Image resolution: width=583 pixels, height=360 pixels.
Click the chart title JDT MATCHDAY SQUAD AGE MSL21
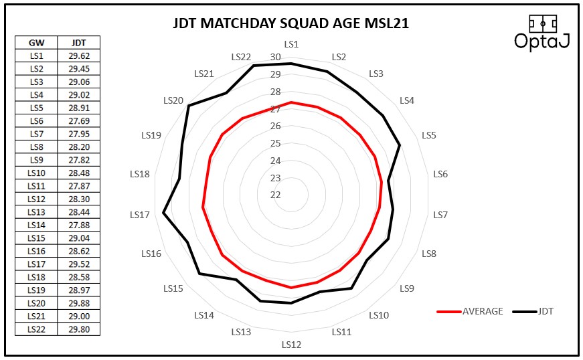(290, 24)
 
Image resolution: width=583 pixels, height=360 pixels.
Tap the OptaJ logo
(542, 32)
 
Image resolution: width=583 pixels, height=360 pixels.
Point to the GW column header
(36, 42)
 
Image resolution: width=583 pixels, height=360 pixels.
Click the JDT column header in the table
(78, 42)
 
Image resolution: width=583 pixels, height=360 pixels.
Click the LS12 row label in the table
(36, 199)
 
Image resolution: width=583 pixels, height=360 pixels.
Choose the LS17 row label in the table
(36, 264)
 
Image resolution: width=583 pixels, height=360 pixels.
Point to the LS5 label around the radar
(429, 135)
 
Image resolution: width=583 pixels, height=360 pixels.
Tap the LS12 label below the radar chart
(291, 345)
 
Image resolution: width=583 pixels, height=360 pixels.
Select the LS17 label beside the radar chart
(140, 215)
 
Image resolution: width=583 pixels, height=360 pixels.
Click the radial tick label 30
(276, 58)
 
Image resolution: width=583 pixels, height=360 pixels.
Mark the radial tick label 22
(276, 195)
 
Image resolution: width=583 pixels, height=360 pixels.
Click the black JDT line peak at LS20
(189, 106)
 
